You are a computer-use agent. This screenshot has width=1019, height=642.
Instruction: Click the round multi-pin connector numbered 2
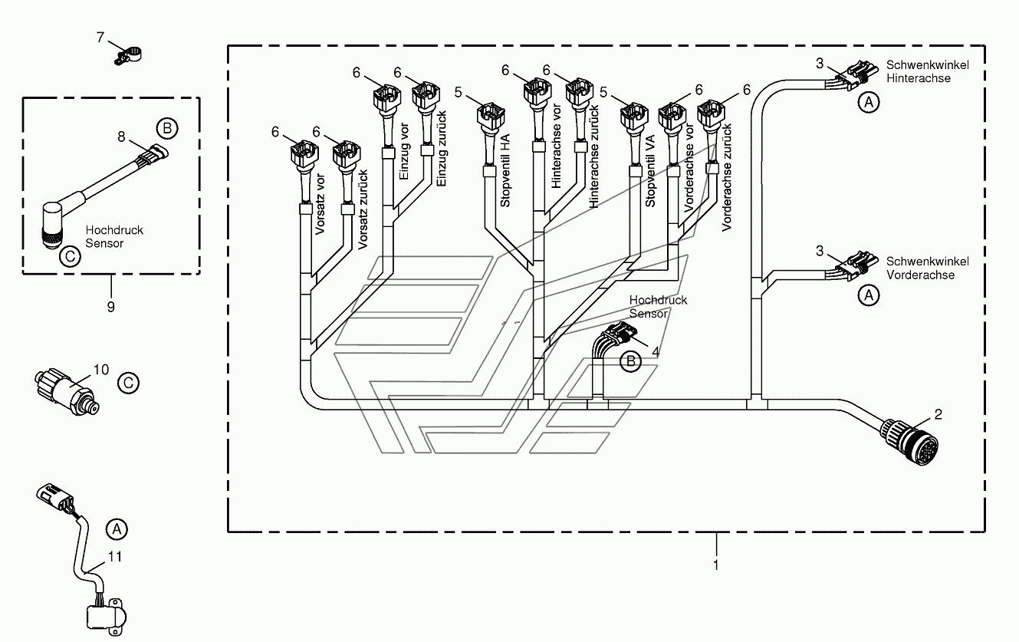click(x=909, y=441)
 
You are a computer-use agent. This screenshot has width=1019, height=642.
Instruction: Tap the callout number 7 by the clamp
click(x=100, y=37)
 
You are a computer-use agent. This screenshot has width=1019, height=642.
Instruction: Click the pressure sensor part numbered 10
click(x=67, y=392)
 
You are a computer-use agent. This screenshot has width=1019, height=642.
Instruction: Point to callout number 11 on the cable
click(x=115, y=556)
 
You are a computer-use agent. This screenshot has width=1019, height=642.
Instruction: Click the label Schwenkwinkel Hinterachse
click(x=927, y=71)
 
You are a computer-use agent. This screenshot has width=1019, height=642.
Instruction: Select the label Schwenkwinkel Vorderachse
click(x=927, y=268)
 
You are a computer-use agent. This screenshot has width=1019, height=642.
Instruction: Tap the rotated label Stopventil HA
click(x=505, y=170)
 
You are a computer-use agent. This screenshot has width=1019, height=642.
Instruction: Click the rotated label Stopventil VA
click(x=650, y=171)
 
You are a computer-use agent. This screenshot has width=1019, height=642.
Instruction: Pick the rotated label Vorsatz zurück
click(x=363, y=209)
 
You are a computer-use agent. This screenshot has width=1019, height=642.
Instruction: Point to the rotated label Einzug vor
click(x=404, y=151)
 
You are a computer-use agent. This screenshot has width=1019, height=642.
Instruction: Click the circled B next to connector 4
click(x=630, y=361)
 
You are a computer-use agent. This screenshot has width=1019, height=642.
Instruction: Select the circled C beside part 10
click(x=128, y=383)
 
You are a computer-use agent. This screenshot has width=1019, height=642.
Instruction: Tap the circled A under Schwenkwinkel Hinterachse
click(x=869, y=102)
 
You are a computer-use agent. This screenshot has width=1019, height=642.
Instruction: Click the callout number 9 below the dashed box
click(x=111, y=307)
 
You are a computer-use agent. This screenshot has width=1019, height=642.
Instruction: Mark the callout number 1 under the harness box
click(x=716, y=565)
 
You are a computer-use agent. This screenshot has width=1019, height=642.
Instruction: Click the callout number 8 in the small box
click(x=121, y=137)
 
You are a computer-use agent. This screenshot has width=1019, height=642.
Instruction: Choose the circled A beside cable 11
click(x=117, y=529)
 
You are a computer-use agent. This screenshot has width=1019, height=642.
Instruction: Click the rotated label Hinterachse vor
click(x=557, y=146)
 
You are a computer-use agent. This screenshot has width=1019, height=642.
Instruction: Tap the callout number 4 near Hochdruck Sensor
click(x=655, y=352)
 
